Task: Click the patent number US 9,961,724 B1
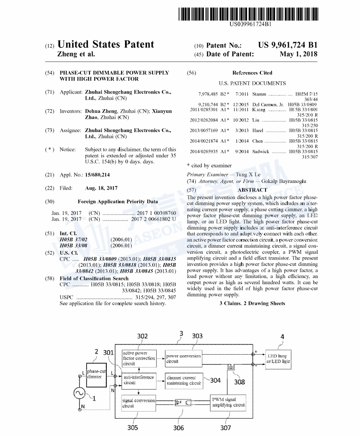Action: tap(287, 45)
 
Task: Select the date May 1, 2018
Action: tap(298, 54)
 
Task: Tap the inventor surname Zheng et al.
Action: tap(77, 54)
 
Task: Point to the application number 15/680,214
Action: tap(98, 175)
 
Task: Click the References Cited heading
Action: tap(252, 73)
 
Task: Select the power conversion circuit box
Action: tap(184, 359)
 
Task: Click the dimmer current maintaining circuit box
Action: tap(184, 380)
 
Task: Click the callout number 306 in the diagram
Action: tap(178, 428)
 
